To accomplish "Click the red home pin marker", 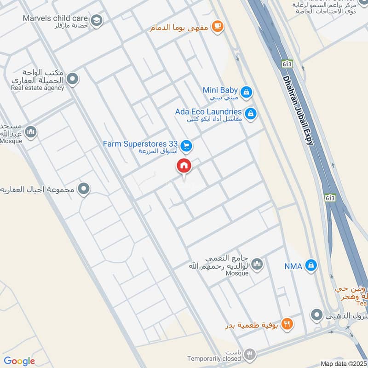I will tap(184, 166).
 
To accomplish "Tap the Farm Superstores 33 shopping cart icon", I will tap(186, 146).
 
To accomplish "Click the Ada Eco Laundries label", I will tap(208, 112).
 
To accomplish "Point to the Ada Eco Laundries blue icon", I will tap(250, 113).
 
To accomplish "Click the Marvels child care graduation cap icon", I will tap(97, 20).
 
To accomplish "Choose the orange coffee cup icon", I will tap(218, 27).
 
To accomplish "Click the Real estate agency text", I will tap(38, 88).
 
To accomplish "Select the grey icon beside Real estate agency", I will tap(72, 80).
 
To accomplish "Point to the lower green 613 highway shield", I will tap(329, 198).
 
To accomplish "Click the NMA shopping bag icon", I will tap(312, 265).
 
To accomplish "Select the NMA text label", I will tap(293, 265).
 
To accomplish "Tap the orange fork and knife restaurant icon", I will tap(287, 323).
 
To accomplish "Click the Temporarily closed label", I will tap(214, 358).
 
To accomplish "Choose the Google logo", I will tap(19, 361).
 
